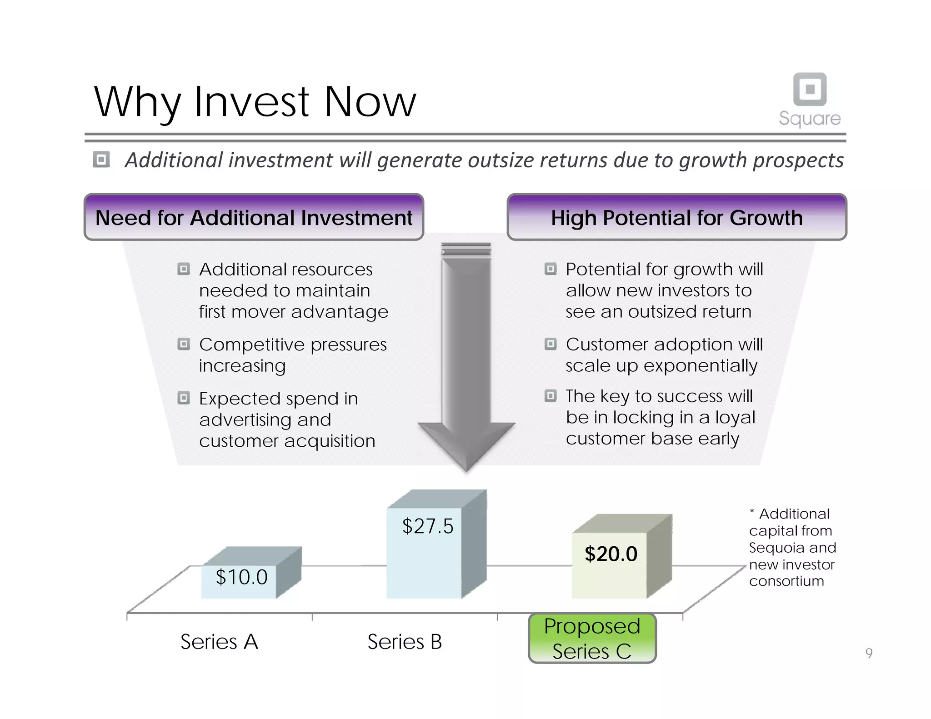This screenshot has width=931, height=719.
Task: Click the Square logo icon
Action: (x=810, y=89)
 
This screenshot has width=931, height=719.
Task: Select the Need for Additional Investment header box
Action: (x=254, y=217)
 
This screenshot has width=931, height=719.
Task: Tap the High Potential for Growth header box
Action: (x=676, y=217)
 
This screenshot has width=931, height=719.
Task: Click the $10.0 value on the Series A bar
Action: (x=241, y=577)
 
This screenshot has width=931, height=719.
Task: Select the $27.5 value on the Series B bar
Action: (x=427, y=526)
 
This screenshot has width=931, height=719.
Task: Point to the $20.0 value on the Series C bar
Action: (x=611, y=554)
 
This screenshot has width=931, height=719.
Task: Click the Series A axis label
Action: (x=219, y=642)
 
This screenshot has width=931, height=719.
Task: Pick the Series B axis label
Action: (x=404, y=642)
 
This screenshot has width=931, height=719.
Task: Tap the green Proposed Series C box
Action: (x=592, y=638)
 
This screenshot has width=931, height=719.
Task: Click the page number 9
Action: (x=869, y=653)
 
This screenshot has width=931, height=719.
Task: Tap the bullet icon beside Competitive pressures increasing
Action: (x=184, y=344)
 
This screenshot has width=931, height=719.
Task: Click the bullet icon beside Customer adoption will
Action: (x=551, y=344)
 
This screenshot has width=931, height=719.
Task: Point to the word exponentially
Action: (x=700, y=366)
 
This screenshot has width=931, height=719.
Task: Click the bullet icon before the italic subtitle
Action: (x=101, y=160)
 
